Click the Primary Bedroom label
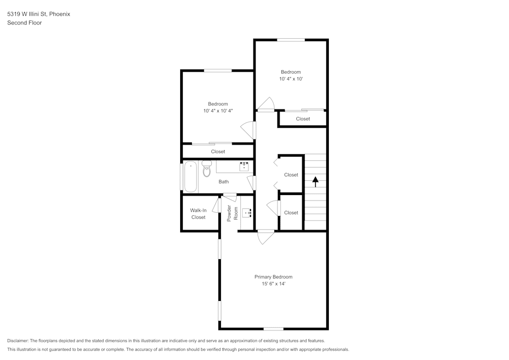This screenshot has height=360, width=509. [x=273, y=277]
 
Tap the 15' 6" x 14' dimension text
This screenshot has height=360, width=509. [x=273, y=284]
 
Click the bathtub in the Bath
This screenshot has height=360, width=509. [x=190, y=176]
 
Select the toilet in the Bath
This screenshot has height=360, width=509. [x=206, y=169]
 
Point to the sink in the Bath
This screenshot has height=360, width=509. [x=244, y=166]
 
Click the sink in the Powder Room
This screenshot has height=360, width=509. [x=247, y=213]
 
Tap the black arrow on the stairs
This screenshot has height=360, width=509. [x=315, y=181]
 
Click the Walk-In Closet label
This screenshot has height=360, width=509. [x=198, y=214]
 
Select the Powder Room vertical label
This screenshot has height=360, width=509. [x=232, y=213]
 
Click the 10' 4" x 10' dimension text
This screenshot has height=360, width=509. [x=291, y=79]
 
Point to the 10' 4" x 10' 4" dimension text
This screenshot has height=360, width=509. [x=218, y=110]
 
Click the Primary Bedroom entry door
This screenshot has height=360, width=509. [x=266, y=237]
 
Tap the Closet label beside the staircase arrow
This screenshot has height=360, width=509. [x=291, y=175]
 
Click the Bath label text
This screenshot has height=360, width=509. [x=223, y=182]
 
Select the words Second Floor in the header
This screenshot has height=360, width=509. [x=24, y=23]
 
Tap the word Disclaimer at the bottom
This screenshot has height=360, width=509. [x=18, y=341]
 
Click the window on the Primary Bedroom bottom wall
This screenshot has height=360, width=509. [x=273, y=329]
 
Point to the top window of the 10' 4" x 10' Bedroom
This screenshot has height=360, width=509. [x=291, y=40]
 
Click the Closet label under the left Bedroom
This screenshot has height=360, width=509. [x=218, y=152]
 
